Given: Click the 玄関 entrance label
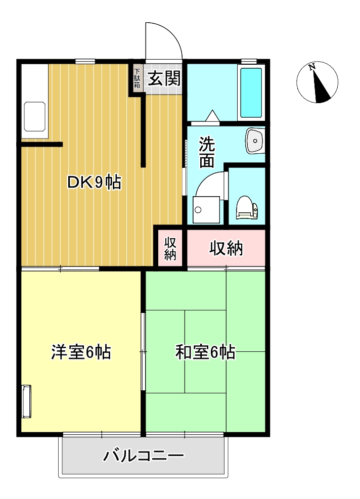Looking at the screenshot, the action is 164,78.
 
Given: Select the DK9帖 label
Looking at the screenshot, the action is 94,183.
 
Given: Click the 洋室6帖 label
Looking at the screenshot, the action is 81,352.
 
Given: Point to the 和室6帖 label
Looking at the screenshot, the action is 205,352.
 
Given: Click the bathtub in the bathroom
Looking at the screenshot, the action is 251,93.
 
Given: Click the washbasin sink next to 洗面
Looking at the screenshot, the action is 255,141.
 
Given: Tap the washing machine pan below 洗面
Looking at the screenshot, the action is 206,210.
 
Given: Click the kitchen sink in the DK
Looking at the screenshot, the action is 35,117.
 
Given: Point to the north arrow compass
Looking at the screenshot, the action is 317,82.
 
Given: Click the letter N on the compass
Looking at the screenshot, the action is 311,67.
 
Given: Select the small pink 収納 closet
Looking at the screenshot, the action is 170,248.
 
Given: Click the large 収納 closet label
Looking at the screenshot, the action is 226,248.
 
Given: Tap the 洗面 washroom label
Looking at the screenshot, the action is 207,152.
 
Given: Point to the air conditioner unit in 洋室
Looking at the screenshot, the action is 26,401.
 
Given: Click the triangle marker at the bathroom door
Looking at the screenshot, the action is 212,115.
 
